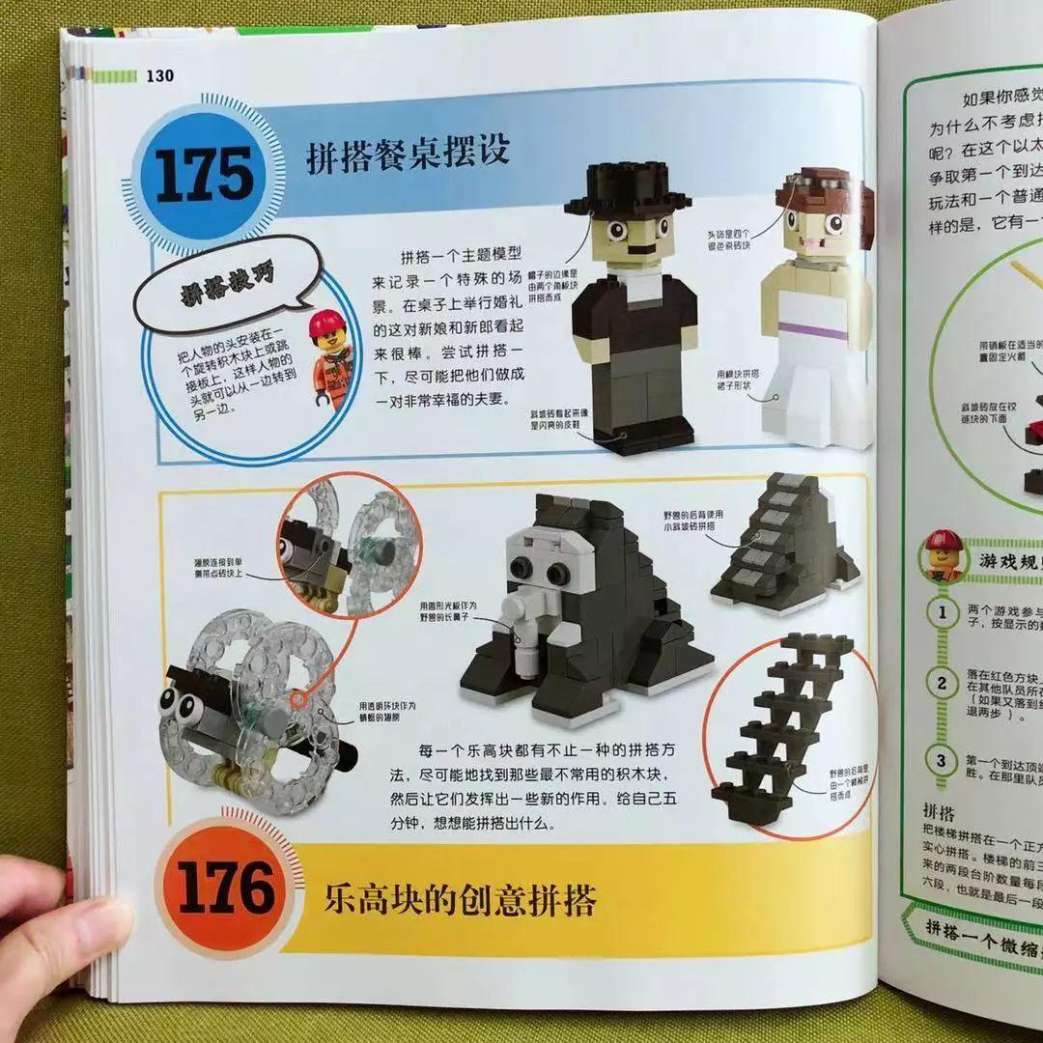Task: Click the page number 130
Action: point(158,76)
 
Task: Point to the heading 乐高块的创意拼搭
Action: point(460,900)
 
